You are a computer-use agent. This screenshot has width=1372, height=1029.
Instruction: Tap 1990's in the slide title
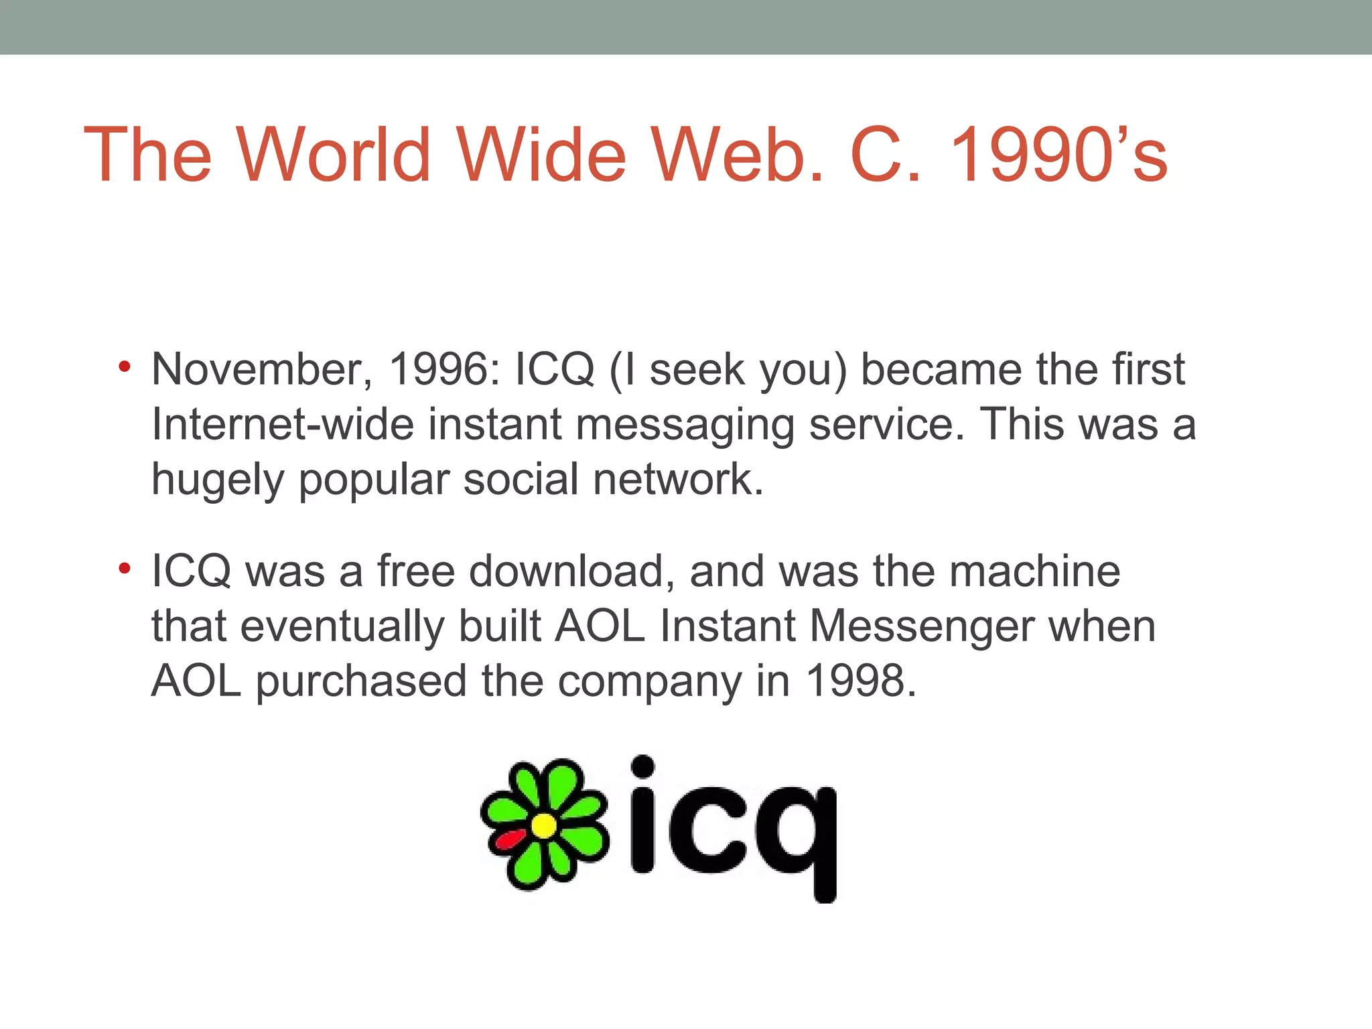point(1058,155)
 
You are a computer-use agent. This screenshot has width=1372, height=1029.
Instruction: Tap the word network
point(677,480)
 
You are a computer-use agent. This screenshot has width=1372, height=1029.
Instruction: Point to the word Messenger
point(921,628)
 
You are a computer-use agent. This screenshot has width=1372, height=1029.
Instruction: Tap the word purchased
point(361,682)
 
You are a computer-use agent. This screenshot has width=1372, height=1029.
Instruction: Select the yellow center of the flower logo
point(544,825)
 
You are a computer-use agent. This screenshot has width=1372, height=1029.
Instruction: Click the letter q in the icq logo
point(797,837)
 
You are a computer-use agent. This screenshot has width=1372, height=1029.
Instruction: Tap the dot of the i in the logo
point(642,766)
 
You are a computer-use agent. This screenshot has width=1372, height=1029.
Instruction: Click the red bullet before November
point(124,366)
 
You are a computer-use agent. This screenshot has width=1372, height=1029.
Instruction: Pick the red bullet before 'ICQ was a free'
point(124,569)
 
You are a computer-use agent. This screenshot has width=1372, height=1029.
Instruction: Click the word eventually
point(342,628)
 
